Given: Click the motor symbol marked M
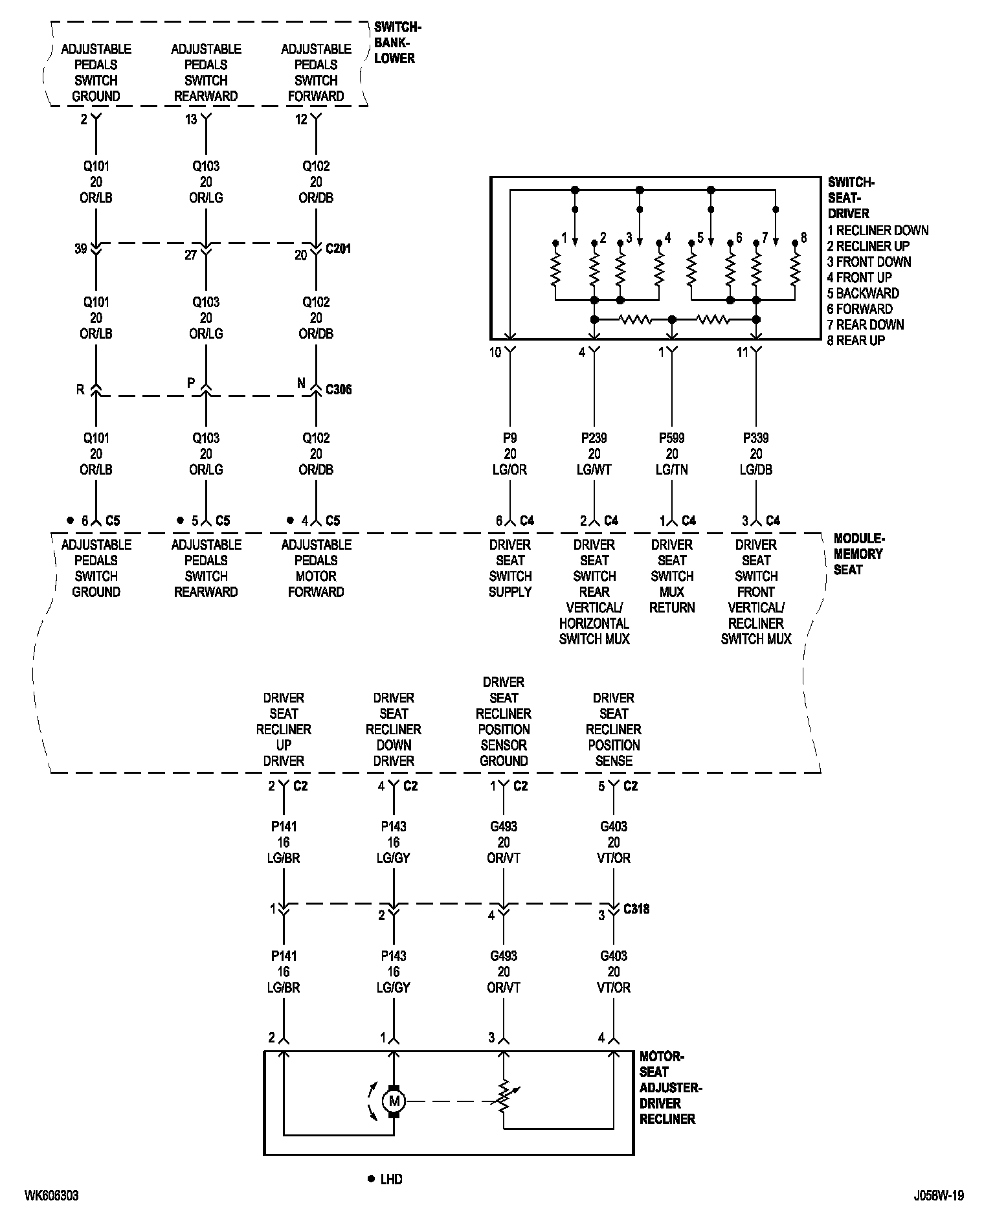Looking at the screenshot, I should click(393, 1101).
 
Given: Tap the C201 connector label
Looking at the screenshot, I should click(338, 249).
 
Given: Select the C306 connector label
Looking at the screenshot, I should click(339, 390).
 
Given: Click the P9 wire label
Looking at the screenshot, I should click(510, 438).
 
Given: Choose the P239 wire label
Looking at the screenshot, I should click(594, 438).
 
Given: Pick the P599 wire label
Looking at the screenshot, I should click(672, 438).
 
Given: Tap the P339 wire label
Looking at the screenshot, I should click(756, 438).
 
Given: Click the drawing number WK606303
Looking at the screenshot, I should click(52, 1195).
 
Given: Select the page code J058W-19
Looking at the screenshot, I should click(939, 1195).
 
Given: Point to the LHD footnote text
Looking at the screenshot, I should click(391, 1179).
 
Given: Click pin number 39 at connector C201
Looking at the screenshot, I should click(80, 249).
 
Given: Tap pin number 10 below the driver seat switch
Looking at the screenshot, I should click(495, 352).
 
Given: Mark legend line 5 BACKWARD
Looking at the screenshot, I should click(863, 293).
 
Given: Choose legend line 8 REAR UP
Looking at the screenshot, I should click(856, 341).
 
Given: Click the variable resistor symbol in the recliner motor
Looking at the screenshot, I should click(504, 1101).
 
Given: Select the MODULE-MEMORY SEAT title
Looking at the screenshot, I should click(858, 554).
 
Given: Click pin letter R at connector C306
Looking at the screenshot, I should click(80, 389).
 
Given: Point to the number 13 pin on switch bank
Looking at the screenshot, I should click(191, 120).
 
